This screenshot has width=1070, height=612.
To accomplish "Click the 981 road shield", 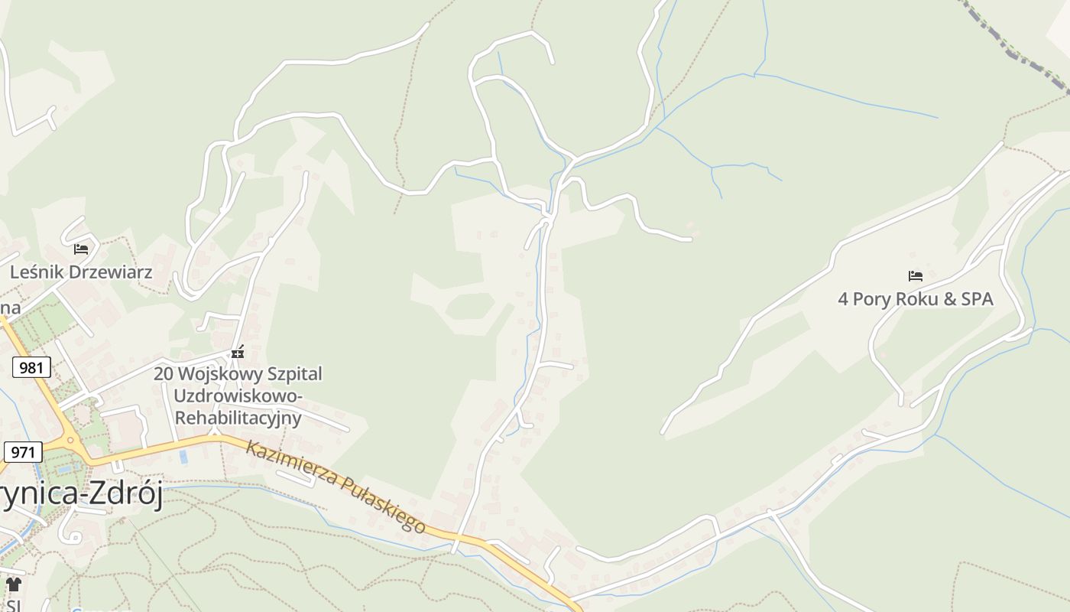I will [31, 368].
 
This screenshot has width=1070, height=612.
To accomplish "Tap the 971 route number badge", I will [23, 452].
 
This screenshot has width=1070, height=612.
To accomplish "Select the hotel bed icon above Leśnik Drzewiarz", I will [81, 249].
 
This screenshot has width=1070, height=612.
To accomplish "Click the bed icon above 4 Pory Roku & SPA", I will [916, 276].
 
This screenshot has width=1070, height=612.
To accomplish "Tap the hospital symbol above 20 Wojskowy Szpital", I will [238, 352].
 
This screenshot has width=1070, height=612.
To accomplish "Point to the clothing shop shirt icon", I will [13, 584].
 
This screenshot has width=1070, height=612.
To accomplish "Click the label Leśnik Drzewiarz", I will [81, 272].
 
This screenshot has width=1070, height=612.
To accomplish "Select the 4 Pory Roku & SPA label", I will [916, 299].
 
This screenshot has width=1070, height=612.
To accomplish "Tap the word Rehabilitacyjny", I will [238, 418].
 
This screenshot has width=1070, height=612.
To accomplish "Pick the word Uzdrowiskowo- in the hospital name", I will [238, 396].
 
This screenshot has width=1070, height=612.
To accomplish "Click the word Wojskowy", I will [218, 374].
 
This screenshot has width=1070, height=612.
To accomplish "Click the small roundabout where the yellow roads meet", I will [71, 441].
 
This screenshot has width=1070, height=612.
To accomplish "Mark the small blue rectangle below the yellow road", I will [183, 457].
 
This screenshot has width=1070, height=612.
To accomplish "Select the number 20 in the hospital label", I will [163, 374].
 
